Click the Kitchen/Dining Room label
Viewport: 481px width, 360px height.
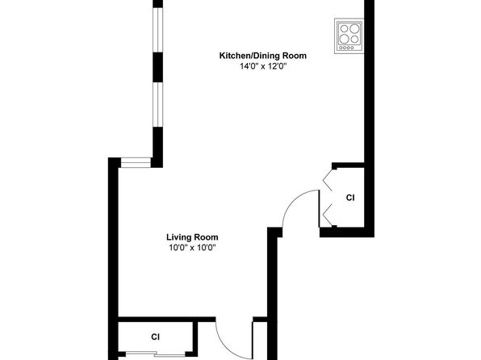coord(262,56)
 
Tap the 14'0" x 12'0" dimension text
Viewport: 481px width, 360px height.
coord(263,66)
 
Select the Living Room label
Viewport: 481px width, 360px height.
coord(192,237)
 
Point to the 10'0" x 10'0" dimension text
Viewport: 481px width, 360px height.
coord(192,247)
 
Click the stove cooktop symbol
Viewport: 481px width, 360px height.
coord(349,36)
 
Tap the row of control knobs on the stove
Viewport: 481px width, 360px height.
coord(347,48)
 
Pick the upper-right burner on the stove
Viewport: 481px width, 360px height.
coord(354,28)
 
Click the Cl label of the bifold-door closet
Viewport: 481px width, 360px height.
coord(350,198)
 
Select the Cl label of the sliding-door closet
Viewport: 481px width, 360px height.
coord(156,337)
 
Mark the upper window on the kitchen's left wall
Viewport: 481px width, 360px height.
coord(157,30)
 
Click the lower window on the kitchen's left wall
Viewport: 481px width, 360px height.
coord(157,105)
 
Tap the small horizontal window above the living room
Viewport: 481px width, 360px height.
coord(136,162)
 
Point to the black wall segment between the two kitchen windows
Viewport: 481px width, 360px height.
coord(157,67)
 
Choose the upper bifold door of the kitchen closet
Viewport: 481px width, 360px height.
coord(326,179)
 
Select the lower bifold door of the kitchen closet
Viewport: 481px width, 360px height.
coord(326,215)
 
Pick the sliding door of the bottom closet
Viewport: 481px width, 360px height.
coord(156,354)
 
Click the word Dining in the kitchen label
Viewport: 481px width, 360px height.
coord(266,56)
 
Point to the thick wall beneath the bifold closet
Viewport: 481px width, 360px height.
coord(347,232)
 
